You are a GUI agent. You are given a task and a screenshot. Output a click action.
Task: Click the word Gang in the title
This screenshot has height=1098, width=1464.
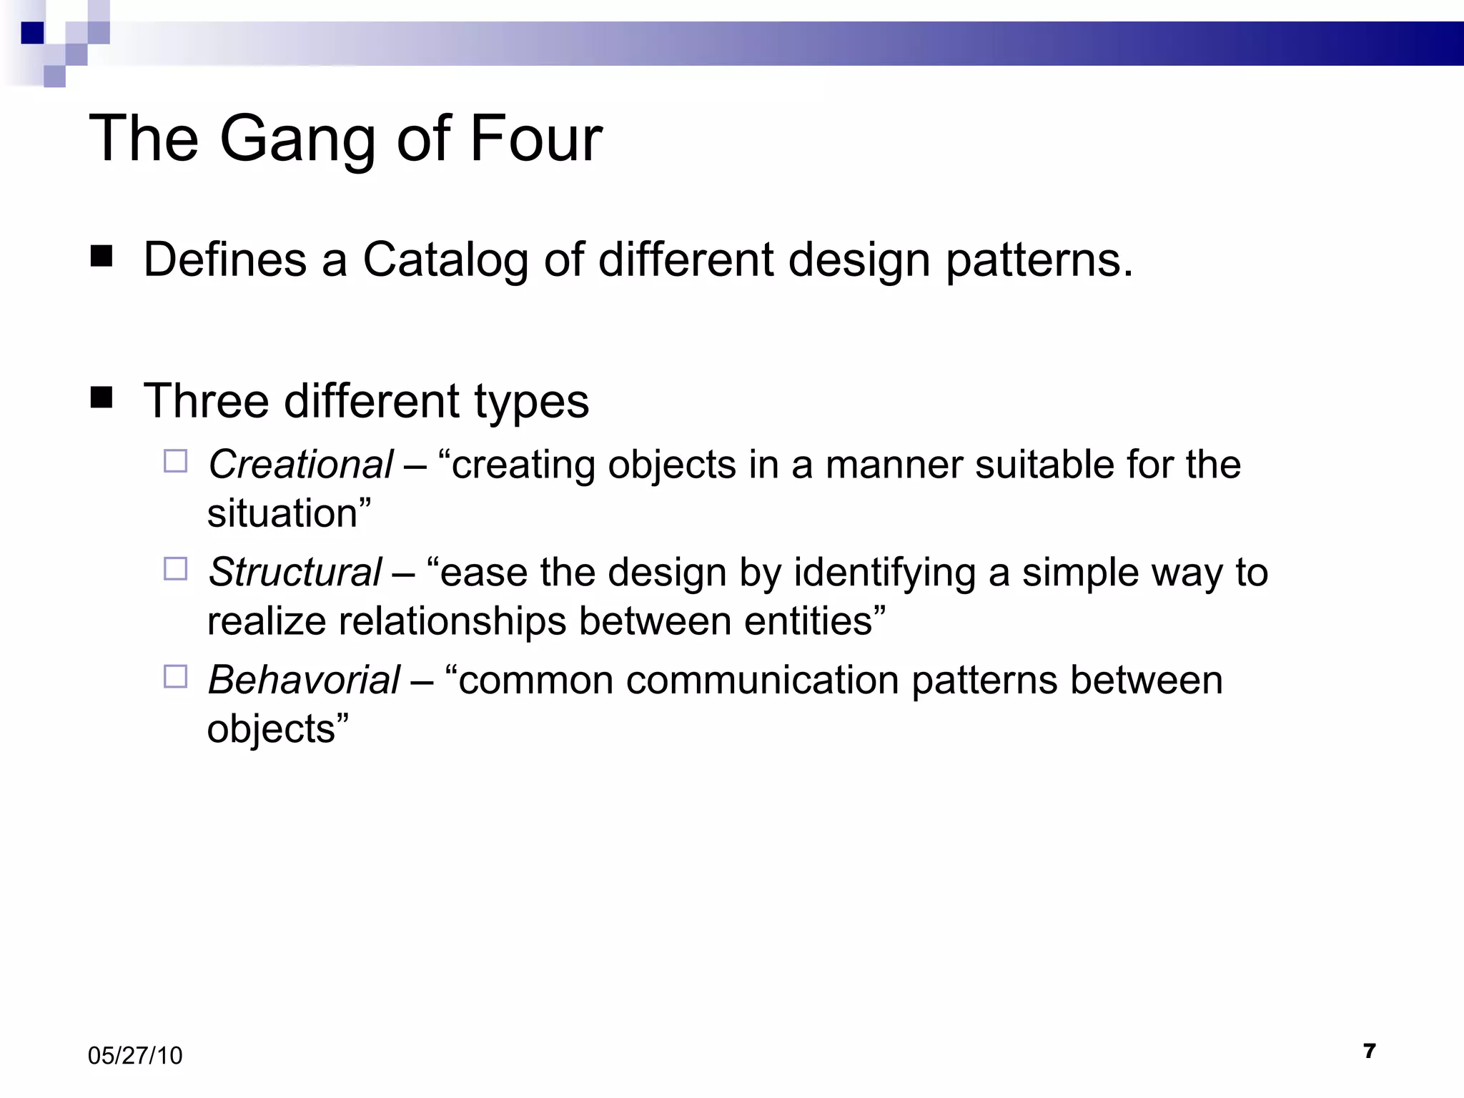[297, 139]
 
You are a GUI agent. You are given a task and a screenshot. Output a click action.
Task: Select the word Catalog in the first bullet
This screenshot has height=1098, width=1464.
[445, 259]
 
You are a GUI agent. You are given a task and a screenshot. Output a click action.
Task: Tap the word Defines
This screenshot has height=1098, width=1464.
[224, 259]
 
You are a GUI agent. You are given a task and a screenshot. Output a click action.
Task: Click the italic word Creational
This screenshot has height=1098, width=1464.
[300, 465]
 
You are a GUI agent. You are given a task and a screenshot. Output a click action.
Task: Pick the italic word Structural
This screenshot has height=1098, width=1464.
[295, 573]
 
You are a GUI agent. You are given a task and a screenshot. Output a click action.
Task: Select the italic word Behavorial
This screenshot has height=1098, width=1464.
[304, 680]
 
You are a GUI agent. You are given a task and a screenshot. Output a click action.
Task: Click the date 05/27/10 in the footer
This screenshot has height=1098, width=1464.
[135, 1056]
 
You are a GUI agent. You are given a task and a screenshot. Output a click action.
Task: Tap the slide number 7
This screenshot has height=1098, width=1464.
[1369, 1051]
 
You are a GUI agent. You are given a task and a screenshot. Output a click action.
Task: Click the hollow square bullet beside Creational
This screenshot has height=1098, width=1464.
[175, 461]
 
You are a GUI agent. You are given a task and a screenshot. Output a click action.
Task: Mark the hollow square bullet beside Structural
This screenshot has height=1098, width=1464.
[175, 569]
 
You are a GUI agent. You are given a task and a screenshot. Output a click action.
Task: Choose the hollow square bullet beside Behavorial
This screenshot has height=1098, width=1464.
[175, 676]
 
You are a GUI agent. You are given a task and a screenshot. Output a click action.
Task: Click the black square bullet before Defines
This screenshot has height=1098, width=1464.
[102, 256]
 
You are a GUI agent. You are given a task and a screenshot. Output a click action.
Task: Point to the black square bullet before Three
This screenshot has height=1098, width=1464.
[102, 397]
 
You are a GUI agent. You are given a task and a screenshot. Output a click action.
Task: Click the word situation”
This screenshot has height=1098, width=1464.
[289, 514]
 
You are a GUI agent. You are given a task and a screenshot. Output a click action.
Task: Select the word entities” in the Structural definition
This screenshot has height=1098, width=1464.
[814, 621]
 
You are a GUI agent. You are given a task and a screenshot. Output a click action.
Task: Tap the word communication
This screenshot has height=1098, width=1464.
[762, 680]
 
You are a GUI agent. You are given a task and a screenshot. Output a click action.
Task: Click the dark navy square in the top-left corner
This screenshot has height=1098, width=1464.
[32, 33]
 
